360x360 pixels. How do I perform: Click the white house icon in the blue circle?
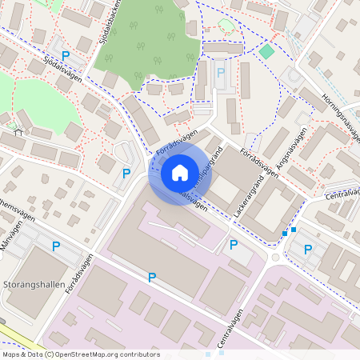tap(179, 173)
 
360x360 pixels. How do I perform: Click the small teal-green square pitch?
tap(266, 52)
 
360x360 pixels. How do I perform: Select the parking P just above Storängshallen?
tap(56, 246)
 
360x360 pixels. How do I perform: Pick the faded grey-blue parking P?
tap(221, 73)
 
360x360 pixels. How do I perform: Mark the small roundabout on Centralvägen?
tap(277, 258)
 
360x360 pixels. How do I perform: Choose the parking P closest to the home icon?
tap(126, 173)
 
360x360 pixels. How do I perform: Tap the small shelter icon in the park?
tap(18, 134)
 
